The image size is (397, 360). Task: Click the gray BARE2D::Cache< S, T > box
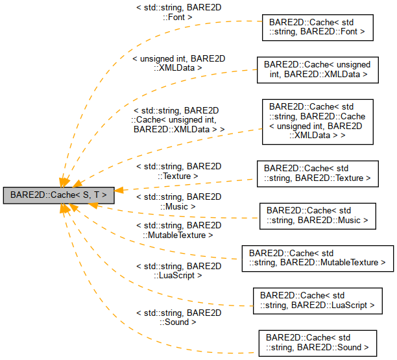coord(59,193)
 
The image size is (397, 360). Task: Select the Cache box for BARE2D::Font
coord(317,25)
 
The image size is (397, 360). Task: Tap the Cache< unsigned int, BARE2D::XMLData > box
coord(317,69)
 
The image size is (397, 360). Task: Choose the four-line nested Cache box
coord(317,121)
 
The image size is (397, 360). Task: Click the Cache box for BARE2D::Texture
coord(317,173)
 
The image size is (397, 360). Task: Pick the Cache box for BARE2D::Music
coord(317,215)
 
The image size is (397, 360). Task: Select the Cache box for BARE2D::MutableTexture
coord(317,258)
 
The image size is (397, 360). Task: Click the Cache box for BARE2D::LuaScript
coord(317,300)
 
